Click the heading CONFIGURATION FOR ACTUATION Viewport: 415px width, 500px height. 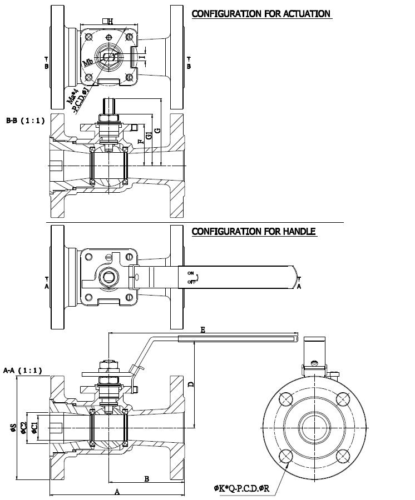[x=261, y=13]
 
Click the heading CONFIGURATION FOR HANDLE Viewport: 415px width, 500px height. [x=254, y=231]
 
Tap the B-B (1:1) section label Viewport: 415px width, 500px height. [x=21, y=120]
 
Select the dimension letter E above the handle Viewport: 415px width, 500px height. [x=202, y=330]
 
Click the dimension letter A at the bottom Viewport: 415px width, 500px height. [x=117, y=491]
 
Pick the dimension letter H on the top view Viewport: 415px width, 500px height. [x=110, y=21]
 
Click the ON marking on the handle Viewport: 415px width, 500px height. [x=190, y=273]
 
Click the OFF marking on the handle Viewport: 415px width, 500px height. [x=191, y=282]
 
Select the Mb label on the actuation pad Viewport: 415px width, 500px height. [x=88, y=62]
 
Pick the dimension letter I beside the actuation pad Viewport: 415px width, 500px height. [x=144, y=56]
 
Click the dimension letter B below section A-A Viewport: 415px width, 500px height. [x=146, y=478]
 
